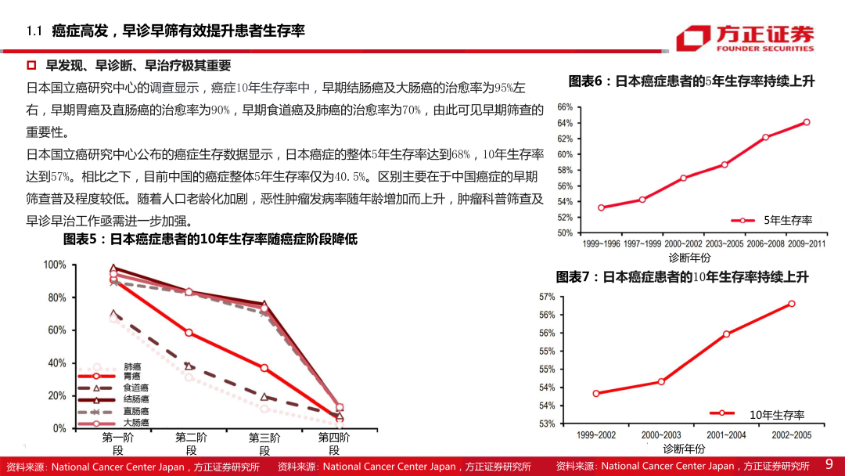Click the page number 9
[829, 465]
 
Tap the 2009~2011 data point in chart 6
[807, 122]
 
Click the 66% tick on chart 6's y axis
[565, 107]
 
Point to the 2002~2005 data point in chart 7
[792, 304]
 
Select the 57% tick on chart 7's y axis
[547, 297]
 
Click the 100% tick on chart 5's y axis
[54, 265]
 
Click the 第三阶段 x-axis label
[264, 444]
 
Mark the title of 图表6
[692, 81]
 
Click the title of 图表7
[681, 277]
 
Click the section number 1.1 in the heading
[34, 31]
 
